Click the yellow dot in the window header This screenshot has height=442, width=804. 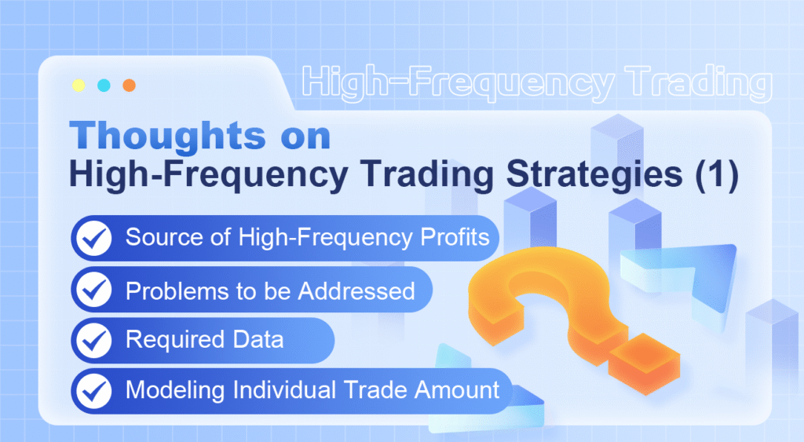coord(78,85)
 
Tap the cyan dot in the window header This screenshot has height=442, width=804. coord(104,85)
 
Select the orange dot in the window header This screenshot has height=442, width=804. coord(129,85)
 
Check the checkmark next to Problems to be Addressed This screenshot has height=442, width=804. coord(96,290)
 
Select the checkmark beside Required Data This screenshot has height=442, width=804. coord(96,340)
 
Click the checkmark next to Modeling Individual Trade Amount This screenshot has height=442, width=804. coord(96,390)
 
